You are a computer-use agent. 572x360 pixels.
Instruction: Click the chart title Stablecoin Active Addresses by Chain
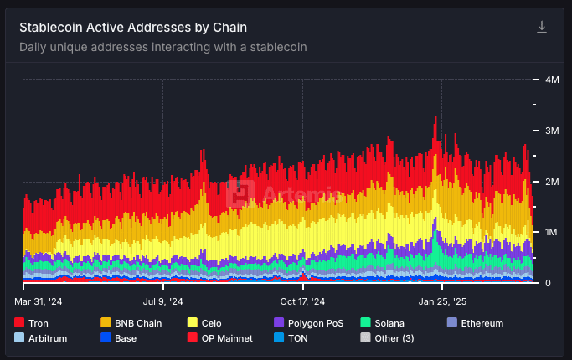click(133, 28)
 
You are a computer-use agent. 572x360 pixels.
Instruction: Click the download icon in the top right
click(542, 28)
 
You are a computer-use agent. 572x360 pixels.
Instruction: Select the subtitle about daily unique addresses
click(162, 47)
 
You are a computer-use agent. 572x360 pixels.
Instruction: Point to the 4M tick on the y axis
click(552, 80)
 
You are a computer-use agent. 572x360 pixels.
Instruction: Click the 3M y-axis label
click(552, 131)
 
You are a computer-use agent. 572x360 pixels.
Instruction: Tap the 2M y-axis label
click(552, 182)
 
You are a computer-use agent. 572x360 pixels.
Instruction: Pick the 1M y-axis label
click(552, 233)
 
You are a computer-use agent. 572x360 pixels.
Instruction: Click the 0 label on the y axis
click(548, 284)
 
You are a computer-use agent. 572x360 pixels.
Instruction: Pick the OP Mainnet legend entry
click(222, 338)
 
